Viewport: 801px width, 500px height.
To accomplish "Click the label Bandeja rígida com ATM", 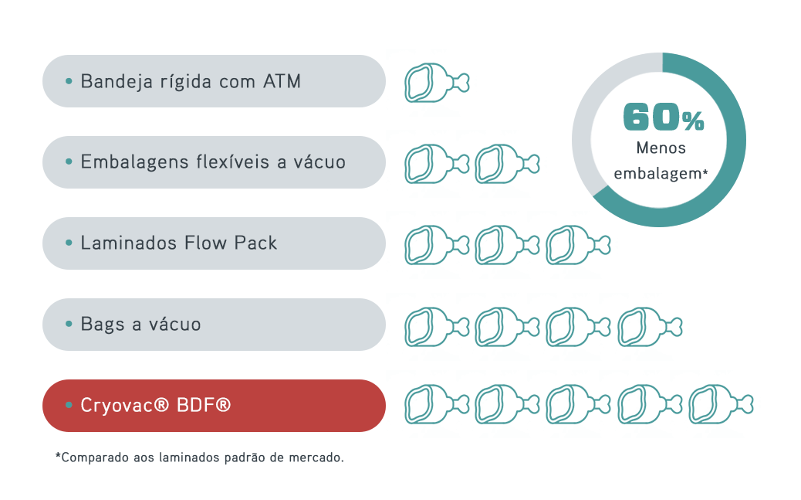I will tap(190, 81).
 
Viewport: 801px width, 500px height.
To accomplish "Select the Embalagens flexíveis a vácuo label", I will tap(212, 162).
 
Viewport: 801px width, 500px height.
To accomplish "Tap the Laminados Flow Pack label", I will tap(178, 243).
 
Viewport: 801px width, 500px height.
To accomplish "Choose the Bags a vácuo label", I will tap(140, 325).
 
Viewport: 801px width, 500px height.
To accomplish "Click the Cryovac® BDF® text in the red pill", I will tap(155, 405).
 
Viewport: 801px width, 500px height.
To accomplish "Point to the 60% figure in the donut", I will tap(663, 117).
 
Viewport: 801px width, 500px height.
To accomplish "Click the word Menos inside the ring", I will tap(661, 148).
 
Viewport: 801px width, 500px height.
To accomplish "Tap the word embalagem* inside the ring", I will tap(661, 174).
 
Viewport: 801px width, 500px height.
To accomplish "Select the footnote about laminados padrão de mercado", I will tap(200, 457).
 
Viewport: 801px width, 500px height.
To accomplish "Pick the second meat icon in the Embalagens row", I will tap(502, 162).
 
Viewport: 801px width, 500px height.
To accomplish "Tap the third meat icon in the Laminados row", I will tap(573, 243).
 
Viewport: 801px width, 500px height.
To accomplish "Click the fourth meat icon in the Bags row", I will tap(644, 325).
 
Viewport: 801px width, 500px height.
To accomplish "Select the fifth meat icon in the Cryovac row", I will tap(715, 405).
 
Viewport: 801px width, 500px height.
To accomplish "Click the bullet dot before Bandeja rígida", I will tap(69, 81).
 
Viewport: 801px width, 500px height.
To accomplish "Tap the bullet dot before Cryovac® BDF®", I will tap(69, 405).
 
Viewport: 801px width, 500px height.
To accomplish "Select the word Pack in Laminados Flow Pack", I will tap(257, 243).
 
